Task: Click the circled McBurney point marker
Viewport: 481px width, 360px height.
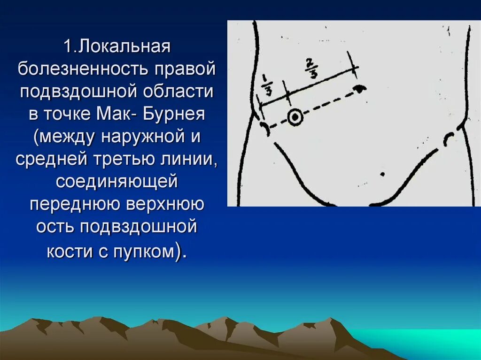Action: click(x=295, y=117)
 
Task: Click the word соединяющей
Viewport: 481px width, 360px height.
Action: click(x=117, y=182)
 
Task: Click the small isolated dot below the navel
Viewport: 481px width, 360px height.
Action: click(x=382, y=174)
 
